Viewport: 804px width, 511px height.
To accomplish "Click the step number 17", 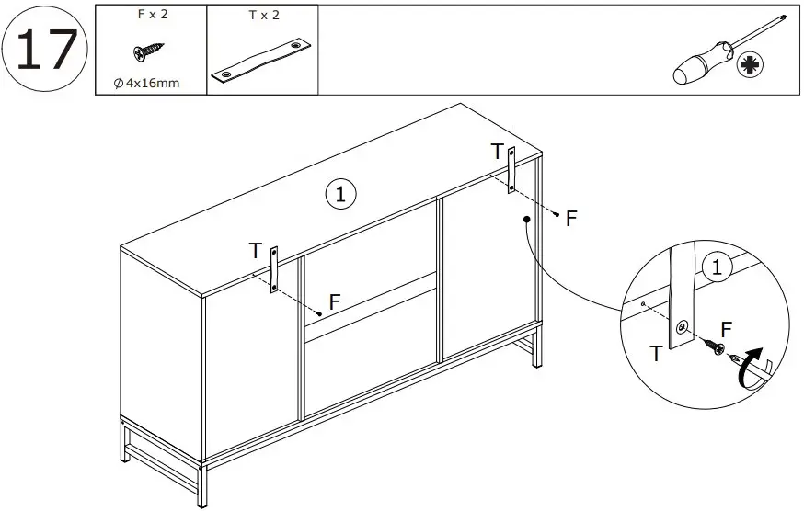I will pos(45,50).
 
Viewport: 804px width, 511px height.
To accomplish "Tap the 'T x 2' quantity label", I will pos(262,16).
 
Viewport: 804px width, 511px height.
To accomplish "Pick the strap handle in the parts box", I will pos(262,61).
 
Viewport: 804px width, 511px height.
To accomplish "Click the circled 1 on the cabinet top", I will pos(340,194).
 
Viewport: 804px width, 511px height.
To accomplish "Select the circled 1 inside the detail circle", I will pos(715,268).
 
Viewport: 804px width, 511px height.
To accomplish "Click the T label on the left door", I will pos(255,250).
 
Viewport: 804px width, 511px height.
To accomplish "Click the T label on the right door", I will pos(497,151).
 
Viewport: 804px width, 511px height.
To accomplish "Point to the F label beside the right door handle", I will pos(571,219).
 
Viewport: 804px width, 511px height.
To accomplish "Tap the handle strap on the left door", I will pos(273,269).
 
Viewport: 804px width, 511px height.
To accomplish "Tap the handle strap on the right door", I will pos(511,169).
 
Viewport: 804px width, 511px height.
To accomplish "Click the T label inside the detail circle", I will pos(656,352).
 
